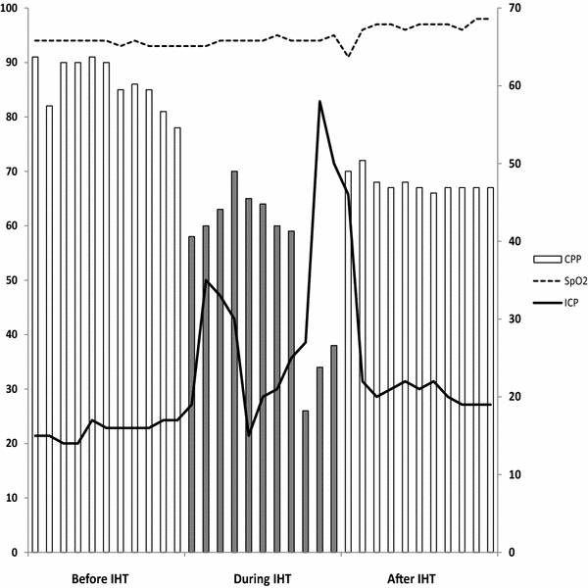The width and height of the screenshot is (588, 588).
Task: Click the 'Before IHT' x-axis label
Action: (100, 578)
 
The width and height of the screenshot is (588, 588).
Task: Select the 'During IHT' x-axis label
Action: (262, 578)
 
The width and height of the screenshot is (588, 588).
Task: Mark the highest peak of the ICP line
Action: (319, 101)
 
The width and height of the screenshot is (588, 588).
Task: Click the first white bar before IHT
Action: (35, 304)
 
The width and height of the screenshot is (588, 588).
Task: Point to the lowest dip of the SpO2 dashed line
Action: (348, 57)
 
